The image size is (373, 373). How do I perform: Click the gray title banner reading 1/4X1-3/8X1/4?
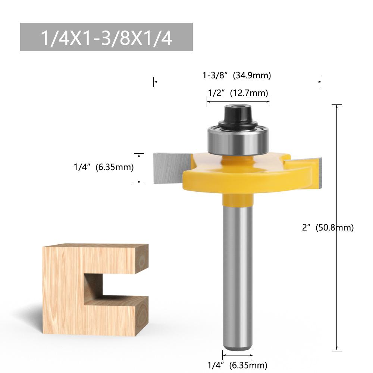[106, 37]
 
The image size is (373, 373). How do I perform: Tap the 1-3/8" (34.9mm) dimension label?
[236, 75]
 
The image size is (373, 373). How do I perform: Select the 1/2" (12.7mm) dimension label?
[238, 93]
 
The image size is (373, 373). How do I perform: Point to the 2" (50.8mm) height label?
[328, 228]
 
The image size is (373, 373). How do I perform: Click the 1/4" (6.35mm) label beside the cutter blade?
[104, 167]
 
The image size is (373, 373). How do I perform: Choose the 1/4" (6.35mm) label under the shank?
[237, 365]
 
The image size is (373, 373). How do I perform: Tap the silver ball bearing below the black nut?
[238, 141]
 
